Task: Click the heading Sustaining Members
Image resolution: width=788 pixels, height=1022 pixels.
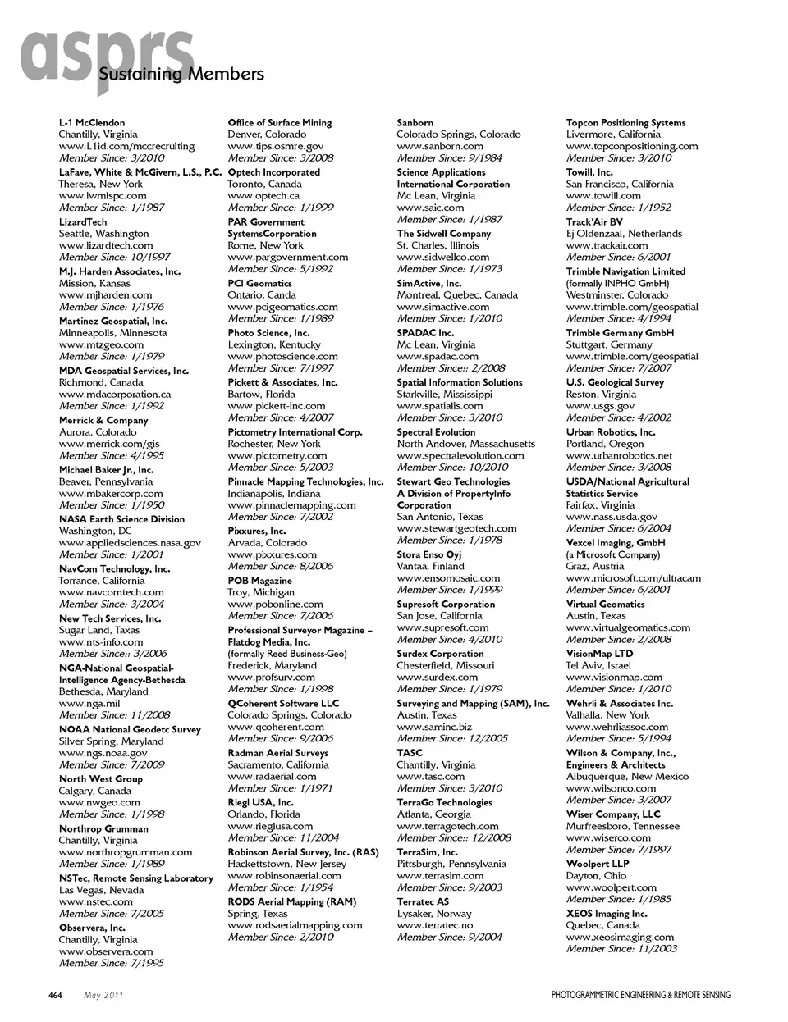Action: point(181,75)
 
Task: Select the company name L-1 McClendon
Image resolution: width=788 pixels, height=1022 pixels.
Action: point(92,123)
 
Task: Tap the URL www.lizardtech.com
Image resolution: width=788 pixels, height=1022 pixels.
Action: point(106,245)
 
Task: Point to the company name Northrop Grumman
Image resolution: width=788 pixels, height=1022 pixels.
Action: point(103,829)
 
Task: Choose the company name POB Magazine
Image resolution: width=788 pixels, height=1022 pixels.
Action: point(259,581)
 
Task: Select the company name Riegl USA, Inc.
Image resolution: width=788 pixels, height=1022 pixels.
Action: point(260,803)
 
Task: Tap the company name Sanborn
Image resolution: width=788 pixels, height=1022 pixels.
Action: point(415,123)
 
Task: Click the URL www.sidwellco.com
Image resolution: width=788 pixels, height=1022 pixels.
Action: point(443,258)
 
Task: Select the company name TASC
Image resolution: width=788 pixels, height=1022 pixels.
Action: point(410,753)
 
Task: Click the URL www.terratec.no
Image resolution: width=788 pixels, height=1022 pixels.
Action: point(435,925)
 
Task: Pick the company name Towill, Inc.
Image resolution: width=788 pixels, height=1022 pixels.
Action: point(589,172)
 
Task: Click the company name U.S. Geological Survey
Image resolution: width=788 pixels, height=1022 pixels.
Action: point(615,383)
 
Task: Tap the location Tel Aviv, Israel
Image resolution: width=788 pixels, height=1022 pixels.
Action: point(598,666)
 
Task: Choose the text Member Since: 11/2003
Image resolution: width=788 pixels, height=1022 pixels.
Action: point(621,949)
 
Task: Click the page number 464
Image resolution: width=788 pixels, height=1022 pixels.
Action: point(56,996)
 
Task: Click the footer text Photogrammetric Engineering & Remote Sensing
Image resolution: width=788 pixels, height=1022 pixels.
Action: point(640,996)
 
